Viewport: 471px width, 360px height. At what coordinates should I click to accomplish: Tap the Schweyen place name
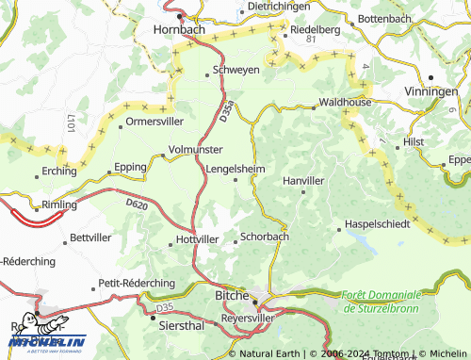click(236, 71)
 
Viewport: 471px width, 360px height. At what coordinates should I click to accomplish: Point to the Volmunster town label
click(196, 149)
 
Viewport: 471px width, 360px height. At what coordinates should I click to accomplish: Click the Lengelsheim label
click(235, 169)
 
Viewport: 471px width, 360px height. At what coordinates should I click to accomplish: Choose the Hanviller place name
click(303, 179)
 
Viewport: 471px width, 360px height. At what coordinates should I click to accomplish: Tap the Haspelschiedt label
click(378, 224)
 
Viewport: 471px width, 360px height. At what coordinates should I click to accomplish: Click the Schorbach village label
click(264, 237)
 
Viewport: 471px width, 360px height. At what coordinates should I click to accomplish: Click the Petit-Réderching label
click(137, 283)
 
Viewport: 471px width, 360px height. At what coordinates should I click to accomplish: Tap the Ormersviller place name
click(155, 122)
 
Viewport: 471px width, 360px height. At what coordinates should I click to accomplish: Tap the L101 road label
click(70, 123)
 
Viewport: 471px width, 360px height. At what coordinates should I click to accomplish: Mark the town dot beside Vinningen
click(430, 77)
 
